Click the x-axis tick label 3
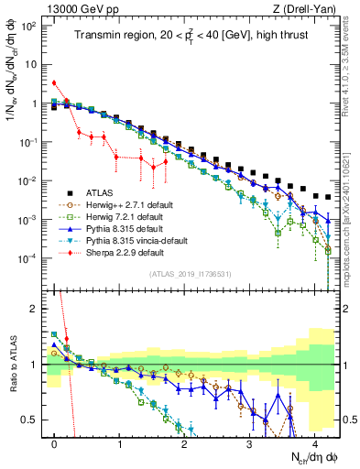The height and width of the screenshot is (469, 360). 249,443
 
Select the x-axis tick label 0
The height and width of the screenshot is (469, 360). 55,443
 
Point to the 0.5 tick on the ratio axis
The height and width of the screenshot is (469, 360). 32,420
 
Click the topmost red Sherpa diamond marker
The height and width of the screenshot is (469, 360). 55,83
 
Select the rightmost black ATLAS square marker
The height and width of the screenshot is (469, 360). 327,197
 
